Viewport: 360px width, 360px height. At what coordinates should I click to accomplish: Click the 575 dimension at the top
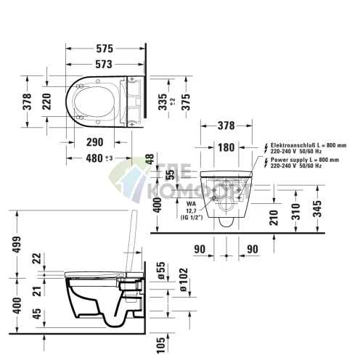[105, 49]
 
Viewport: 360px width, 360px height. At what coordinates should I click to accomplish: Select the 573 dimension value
[105, 65]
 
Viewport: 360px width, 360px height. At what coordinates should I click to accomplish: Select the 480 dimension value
[97, 159]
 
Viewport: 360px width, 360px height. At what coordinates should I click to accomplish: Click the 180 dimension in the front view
[226, 149]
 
